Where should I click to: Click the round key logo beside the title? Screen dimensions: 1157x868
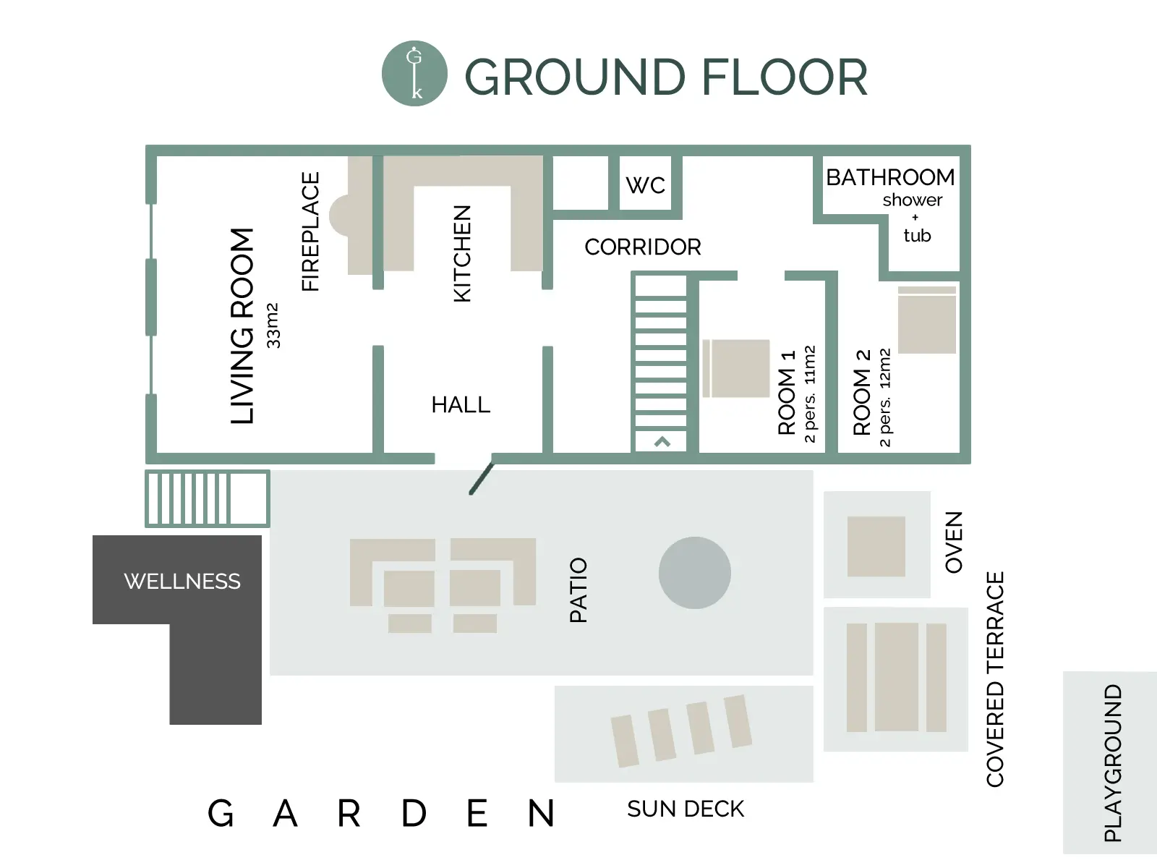[414, 73]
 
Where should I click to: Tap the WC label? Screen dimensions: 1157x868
[645, 185]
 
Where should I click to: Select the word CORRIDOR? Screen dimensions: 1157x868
[643, 247]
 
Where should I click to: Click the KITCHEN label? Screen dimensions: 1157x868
[462, 253]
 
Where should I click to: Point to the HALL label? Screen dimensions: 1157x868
[461, 405]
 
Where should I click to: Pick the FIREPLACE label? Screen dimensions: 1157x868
[310, 231]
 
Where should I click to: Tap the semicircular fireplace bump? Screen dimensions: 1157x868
[338, 215]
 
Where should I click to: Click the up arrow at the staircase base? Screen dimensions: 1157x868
[662, 442]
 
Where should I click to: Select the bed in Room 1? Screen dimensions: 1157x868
[736, 368]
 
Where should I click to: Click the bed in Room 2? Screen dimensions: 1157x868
[926, 320]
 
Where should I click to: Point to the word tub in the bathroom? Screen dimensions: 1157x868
[917, 235]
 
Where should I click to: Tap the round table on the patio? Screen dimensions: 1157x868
[695, 573]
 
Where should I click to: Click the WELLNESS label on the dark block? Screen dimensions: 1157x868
[182, 582]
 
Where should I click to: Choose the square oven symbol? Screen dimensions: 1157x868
[876, 546]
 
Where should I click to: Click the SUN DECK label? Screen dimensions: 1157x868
[686, 809]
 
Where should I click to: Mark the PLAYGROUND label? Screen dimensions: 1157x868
[1113, 762]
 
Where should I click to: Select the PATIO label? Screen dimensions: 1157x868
[578, 590]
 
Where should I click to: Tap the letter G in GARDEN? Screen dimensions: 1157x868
[221, 813]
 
